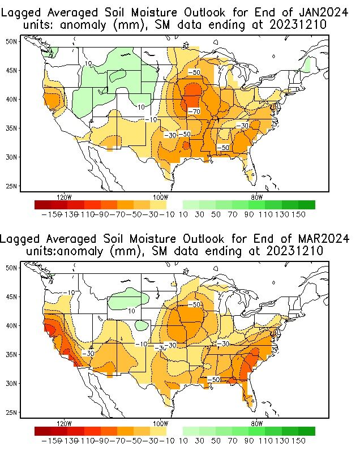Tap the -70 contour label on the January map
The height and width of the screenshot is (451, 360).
pyautogui.click(x=194, y=111)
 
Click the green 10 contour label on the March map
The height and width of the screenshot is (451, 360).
pyautogui.click(x=130, y=311)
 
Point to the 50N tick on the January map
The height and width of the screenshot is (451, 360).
pyautogui.click(x=11, y=41)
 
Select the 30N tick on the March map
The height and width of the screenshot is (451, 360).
pyautogui.click(x=11, y=383)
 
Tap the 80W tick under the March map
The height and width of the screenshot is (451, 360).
pyautogui.click(x=256, y=423)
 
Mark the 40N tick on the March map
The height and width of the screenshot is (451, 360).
pyautogui.click(x=11, y=325)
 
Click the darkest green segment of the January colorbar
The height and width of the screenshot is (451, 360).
pyautogui.click(x=307, y=205)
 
